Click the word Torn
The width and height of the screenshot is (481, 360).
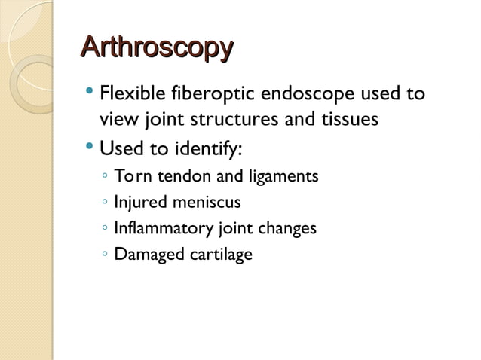[130, 177]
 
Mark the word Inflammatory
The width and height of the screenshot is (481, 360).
[158, 228]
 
